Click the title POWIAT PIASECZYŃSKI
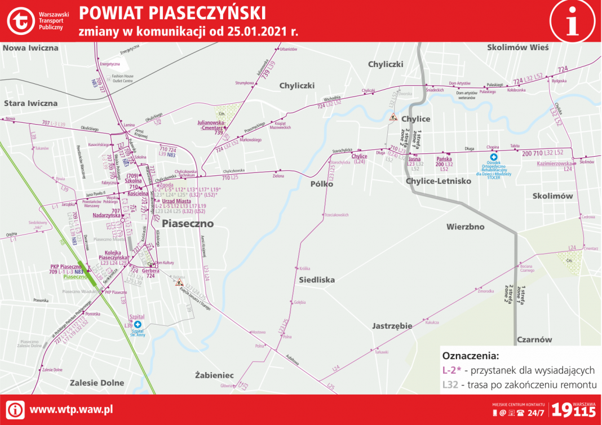click(172, 12)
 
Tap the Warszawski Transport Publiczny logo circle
click(21, 20)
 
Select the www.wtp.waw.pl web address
click(71, 409)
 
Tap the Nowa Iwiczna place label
click(30, 48)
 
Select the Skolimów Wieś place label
click(517, 48)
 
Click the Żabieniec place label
click(214, 375)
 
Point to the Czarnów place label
click(534, 340)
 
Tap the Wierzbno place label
click(465, 227)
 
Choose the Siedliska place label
click(317, 280)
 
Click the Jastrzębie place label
click(392, 326)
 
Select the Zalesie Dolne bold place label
click(97, 383)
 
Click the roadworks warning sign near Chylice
click(392, 117)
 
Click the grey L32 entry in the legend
click(450, 384)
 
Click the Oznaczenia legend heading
click(471, 356)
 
